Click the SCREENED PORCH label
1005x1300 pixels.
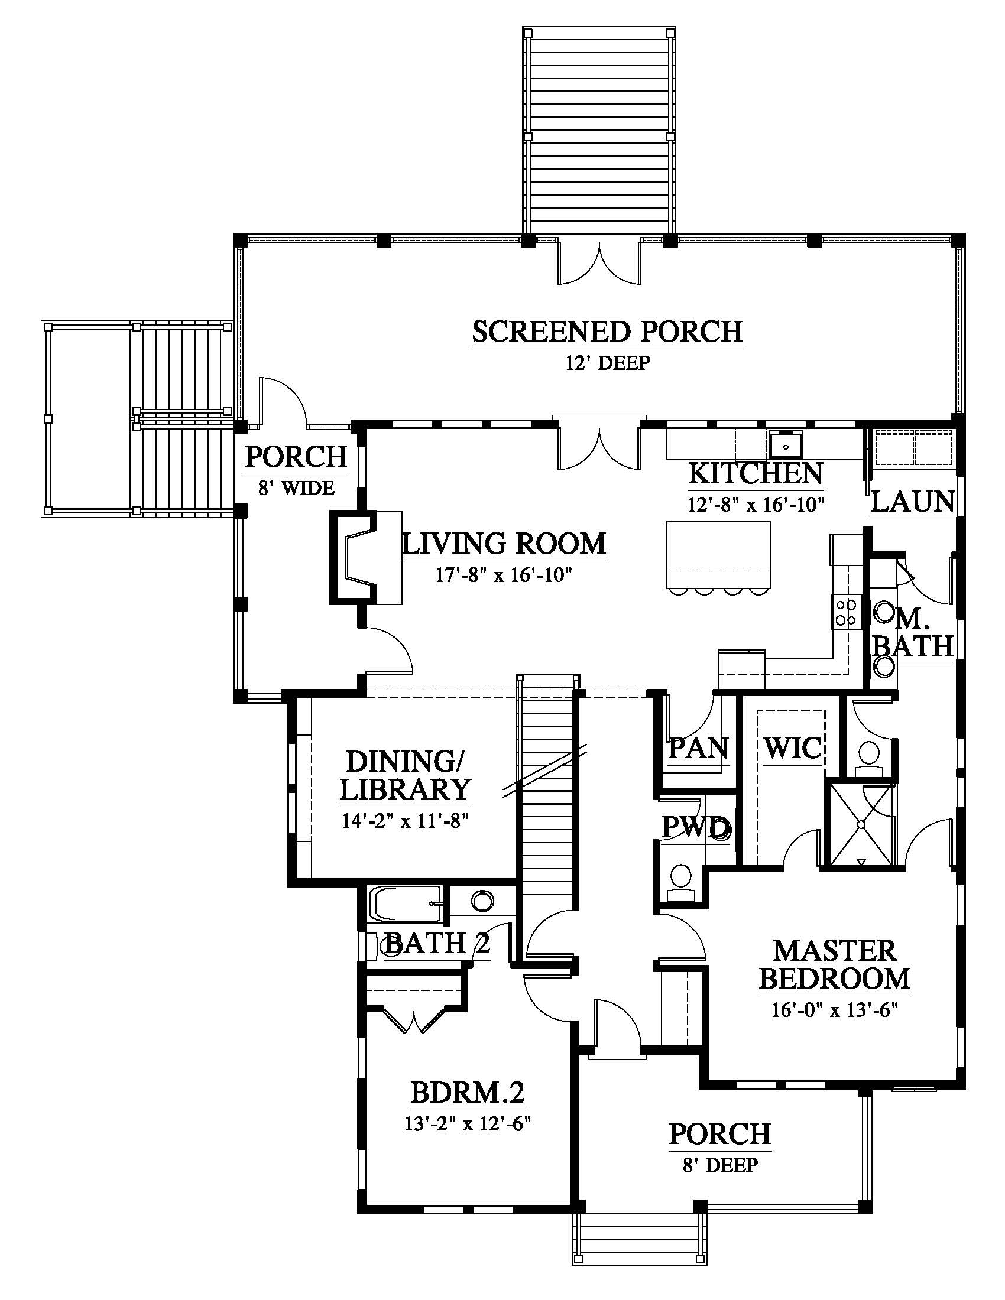pos(607,332)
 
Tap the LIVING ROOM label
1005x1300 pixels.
pos(504,544)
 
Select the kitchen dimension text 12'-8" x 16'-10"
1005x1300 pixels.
pos(756,504)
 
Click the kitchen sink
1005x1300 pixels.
pos(785,444)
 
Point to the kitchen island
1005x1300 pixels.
pos(718,554)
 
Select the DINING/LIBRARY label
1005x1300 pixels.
pos(405,776)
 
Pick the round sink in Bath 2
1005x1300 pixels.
pos(482,901)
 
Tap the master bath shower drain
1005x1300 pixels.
pos(861,824)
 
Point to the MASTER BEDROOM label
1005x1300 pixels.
pos(835,964)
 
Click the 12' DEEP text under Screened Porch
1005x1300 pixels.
pos(607,362)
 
